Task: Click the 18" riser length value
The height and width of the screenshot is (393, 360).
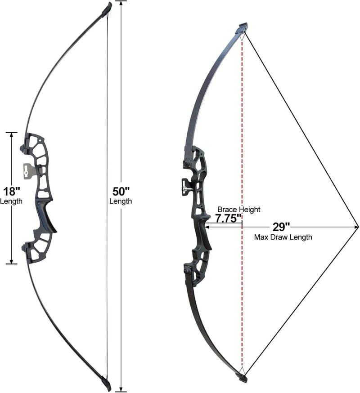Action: tap(11, 192)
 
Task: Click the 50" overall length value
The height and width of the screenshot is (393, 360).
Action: tap(121, 192)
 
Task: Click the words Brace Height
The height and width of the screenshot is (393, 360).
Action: tap(239, 210)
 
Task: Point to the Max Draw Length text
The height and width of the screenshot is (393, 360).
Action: tap(283, 237)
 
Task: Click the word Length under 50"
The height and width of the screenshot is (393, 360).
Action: tap(121, 201)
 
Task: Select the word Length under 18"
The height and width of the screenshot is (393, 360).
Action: tap(11, 201)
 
